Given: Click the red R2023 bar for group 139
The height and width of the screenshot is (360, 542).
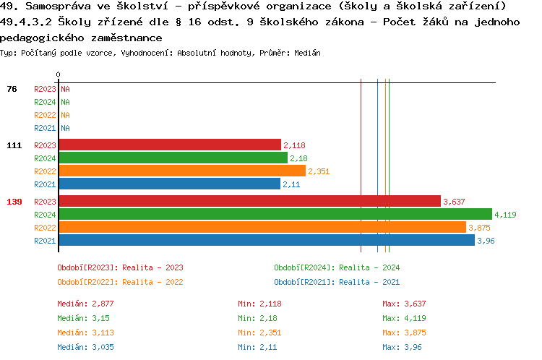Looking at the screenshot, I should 249,202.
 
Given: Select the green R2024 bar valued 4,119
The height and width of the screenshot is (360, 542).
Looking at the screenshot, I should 275,215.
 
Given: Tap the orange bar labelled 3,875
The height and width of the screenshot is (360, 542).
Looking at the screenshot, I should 262,228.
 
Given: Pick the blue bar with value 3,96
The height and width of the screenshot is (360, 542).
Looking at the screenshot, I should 266,241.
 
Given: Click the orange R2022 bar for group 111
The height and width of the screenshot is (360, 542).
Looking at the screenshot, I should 181,171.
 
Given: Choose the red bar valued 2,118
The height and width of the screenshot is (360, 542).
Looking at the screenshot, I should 170,145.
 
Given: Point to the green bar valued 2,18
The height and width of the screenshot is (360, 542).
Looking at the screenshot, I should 173,158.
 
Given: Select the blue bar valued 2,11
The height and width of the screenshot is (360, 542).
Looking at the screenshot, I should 169,184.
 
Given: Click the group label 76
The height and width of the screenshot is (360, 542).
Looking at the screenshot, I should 12,89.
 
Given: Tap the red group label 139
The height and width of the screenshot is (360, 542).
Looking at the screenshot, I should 14,202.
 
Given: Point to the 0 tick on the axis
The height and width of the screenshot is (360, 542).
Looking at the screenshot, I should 58,74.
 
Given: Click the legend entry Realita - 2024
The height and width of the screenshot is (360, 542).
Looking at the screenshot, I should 337,267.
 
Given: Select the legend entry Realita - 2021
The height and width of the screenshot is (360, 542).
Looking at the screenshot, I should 337,282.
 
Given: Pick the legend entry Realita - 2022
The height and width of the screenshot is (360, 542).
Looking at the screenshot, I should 120,282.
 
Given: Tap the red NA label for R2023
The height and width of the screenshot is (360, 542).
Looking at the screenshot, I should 65,89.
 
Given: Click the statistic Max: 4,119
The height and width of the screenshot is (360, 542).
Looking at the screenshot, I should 407,318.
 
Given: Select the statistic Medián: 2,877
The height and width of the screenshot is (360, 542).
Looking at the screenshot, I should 85,304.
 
